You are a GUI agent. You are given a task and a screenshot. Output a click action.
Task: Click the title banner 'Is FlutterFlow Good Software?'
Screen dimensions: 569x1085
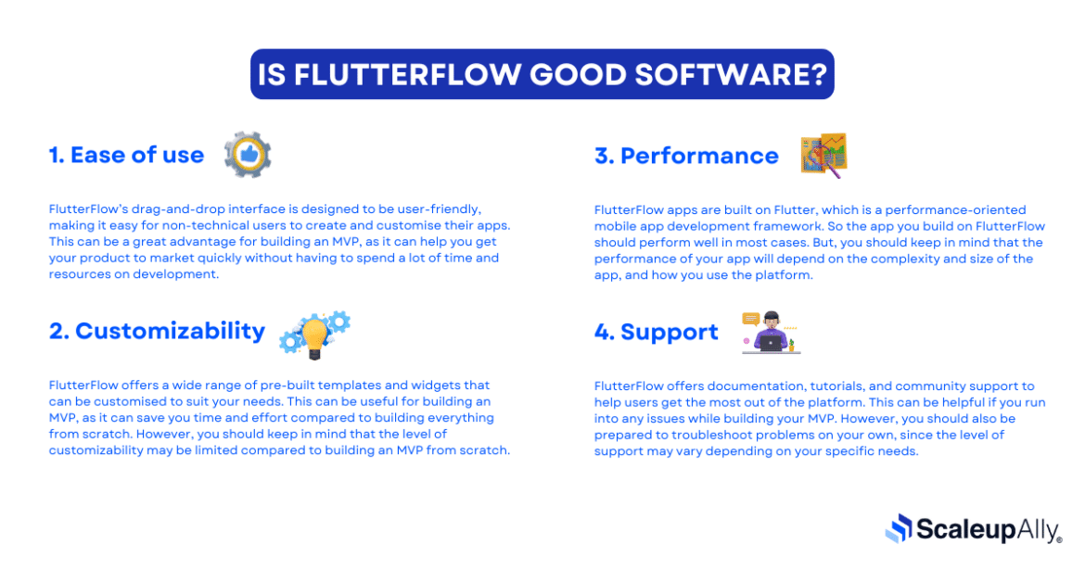[x=542, y=74]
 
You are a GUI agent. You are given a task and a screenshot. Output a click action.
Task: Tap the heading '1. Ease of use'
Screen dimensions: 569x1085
[x=126, y=155]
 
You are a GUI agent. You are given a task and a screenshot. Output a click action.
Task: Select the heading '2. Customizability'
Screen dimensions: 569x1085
[x=157, y=331]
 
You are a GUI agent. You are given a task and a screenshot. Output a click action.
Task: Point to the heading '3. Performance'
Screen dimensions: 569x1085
[x=686, y=156]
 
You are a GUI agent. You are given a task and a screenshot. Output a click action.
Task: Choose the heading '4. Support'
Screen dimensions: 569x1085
[x=656, y=332]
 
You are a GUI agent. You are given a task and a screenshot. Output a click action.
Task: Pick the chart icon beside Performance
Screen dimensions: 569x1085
[x=823, y=155]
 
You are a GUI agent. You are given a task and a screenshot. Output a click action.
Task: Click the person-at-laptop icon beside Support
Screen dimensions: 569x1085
[x=771, y=334]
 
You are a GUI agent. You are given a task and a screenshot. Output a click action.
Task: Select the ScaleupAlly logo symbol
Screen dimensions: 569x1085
[x=899, y=528]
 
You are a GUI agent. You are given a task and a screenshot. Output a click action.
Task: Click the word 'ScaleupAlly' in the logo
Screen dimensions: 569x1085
[x=988, y=529]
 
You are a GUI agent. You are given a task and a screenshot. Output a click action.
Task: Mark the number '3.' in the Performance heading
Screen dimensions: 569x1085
[x=604, y=156]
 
